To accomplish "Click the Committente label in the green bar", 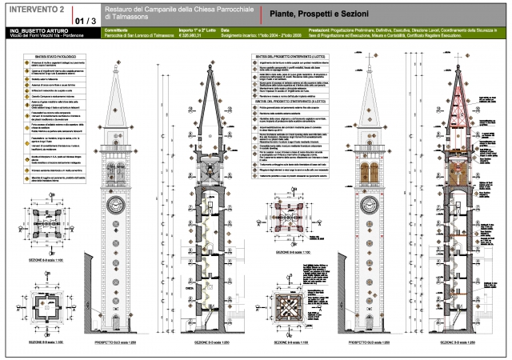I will [x=118, y=30].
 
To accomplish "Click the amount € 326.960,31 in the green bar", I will [x=190, y=34].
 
